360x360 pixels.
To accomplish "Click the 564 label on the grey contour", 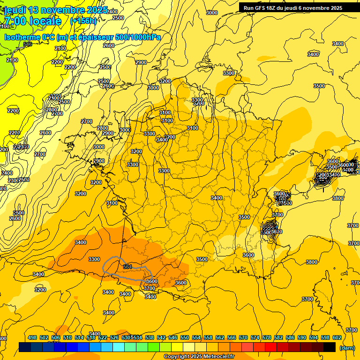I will pyautogui.click(x=127, y=266).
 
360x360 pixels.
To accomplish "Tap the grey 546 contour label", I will pyautogui.click(x=28, y=44).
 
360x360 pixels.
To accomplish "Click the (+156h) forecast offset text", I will pyautogui.click(x=83, y=21).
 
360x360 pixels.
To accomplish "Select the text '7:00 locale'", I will pyautogui.click(x=33, y=21).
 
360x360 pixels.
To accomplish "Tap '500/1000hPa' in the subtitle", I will pyautogui.click(x=139, y=37).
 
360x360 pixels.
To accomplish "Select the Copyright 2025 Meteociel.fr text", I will pyautogui.click(x=199, y=357).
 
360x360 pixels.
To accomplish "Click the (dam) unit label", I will pyautogui.click(x=346, y=347).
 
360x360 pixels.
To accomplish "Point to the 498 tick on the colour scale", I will pyautogui.click(x=32, y=337).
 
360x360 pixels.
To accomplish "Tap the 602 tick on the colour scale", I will pyautogui.click(x=337, y=337).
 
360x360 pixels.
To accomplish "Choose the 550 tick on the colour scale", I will pyautogui.click(x=184, y=337).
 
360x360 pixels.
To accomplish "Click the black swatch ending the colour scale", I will pyautogui.click(x=330, y=347).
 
